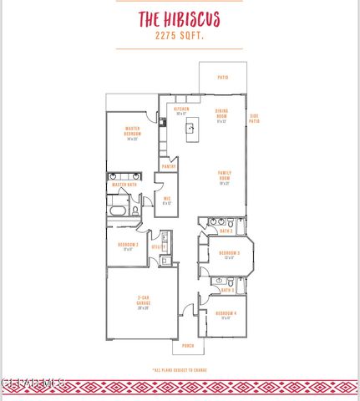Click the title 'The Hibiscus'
(x=180, y=18)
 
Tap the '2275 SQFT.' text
(x=180, y=37)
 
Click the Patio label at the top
(x=223, y=77)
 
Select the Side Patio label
(x=254, y=119)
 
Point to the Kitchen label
(x=181, y=109)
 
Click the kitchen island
(x=190, y=128)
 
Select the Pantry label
(x=169, y=166)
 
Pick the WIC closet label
(x=167, y=199)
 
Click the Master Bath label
(x=124, y=185)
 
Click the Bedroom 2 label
(x=128, y=245)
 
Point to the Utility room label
(x=155, y=246)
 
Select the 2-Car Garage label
(x=143, y=302)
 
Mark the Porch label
(x=188, y=346)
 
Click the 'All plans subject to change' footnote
(x=180, y=368)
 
